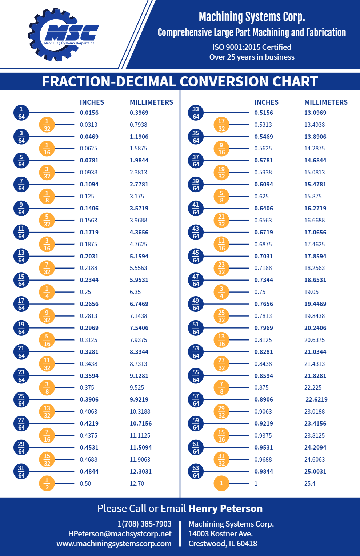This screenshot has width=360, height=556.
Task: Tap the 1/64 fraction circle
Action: [x=21, y=113]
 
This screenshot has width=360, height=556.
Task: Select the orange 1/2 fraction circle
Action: [x=47, y=483]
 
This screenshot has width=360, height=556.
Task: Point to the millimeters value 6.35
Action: [x=135, y=292]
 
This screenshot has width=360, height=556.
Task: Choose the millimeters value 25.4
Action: [x=310, y=483]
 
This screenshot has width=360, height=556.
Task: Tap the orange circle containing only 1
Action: [x=221, y=483]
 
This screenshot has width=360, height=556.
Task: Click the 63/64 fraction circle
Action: [x=196, y=471]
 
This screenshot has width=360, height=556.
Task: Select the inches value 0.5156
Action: [x=264, y=113]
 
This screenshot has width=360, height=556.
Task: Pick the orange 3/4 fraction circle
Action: [x=221, y=292]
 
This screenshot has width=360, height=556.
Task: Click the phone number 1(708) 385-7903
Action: [x=144, y=524]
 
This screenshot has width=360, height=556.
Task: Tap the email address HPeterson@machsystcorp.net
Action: [x=120, y=534]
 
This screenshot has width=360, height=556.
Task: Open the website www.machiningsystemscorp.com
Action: [x=114, y=544]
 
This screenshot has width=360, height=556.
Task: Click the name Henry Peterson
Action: [x=225, y=509]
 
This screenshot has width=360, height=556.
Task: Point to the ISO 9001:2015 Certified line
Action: [x=252, y=47]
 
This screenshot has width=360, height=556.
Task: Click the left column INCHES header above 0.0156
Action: [x=92, y=102]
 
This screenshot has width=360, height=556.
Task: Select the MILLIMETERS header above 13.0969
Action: [x=326, y=102]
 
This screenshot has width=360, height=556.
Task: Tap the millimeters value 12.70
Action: [x=137, y=483]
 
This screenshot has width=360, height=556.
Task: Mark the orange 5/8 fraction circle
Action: [x=221, y=197]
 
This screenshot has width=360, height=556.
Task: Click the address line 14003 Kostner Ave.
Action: [x=220, y=534]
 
